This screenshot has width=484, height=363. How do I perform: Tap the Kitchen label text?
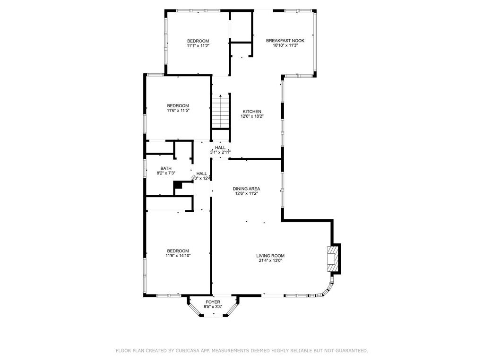(252, 112)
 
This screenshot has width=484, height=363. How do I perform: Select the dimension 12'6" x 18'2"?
(252, 116)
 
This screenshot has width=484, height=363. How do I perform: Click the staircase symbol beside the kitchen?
(221, 111)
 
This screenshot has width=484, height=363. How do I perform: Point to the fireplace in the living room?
(333, 259)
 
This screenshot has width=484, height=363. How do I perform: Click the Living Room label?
(270, 256)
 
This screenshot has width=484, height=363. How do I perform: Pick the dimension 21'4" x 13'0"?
(270, 260)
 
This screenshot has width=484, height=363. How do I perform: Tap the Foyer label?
(213, 302)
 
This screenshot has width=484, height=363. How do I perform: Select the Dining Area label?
(246, 189)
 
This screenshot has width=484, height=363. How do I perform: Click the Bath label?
(166, 168)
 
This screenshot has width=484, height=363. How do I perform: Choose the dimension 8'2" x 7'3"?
(166, 173)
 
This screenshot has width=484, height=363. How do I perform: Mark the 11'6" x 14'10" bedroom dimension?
(178, 256)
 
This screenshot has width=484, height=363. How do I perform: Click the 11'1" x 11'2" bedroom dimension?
(198, 45)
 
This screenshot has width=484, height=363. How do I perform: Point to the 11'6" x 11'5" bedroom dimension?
(178, 110)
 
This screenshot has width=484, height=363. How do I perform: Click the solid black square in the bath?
(178, 184)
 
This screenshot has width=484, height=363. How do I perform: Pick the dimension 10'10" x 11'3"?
(285, 45)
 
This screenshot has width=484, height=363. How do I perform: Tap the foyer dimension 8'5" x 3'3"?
(213, 307)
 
